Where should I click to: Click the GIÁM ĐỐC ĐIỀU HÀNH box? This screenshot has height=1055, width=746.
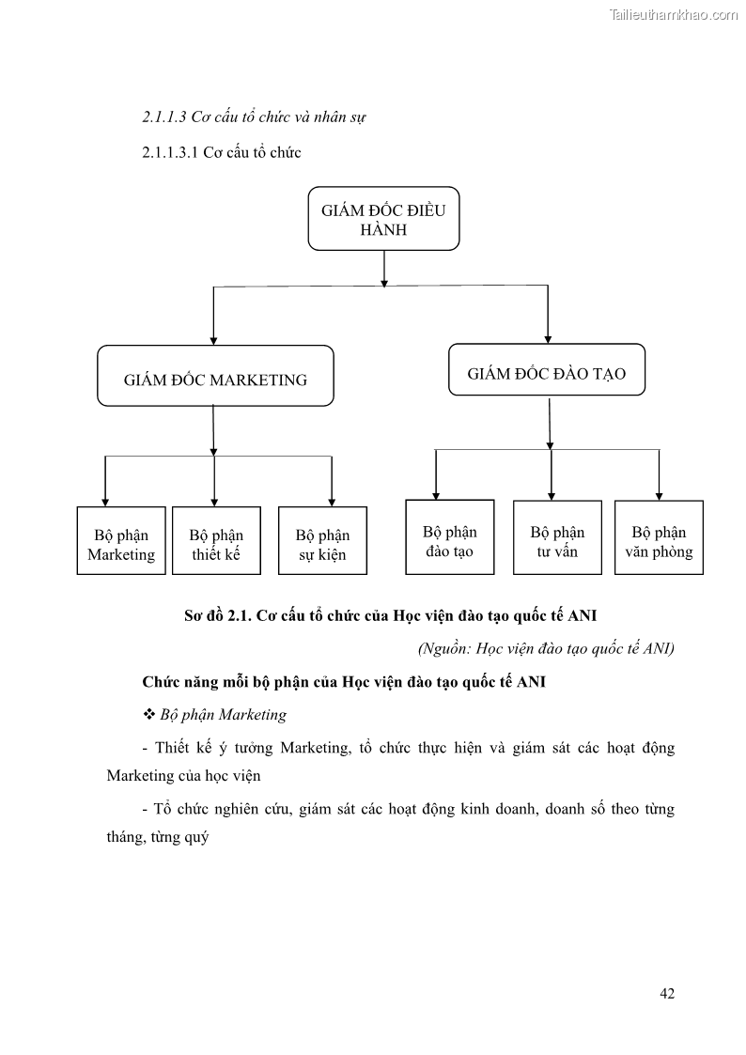pos(383,219)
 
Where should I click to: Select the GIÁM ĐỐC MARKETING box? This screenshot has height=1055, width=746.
pos(215,376)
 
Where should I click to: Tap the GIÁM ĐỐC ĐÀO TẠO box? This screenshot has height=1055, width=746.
pos(546,373)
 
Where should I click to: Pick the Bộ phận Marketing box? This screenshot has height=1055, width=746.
pos(121,540)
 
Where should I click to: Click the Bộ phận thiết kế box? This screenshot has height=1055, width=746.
pos(216,540)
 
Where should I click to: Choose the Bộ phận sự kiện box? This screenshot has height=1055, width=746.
pos(322,540)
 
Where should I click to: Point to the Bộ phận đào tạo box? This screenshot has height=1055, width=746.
pos(449,536)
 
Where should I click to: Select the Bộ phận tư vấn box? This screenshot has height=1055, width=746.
pos(557,536)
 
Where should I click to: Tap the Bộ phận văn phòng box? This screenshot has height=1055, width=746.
pos(659,536)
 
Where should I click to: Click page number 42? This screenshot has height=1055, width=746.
pos(667,993)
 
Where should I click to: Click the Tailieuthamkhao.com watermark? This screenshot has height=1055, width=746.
pos(673,15)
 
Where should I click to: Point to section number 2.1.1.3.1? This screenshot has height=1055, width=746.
pos(169,152)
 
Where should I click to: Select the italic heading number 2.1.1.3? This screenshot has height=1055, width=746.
pos(163,118)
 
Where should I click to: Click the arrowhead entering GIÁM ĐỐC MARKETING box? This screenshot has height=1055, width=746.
pos(214,339)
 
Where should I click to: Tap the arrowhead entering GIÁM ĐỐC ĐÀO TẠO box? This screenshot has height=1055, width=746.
pos(548,337)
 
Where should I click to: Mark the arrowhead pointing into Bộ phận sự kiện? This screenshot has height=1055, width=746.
pos(332,501)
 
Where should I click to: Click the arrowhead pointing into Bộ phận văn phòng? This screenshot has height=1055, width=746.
pos(659,494)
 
